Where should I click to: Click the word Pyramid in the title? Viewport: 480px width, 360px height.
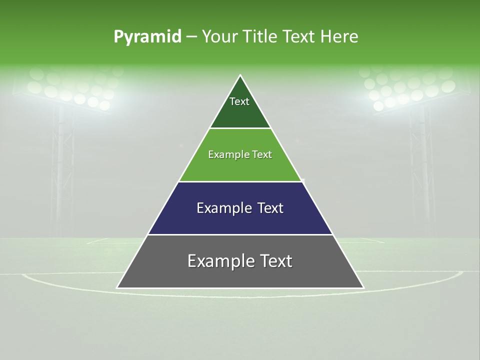click(x=147, y=37)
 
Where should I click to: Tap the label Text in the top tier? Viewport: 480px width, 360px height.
click(x=239, y=101)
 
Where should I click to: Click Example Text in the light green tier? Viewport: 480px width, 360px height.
click(x=240, y=154)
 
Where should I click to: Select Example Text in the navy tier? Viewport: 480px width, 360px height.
click(x=240, y=208)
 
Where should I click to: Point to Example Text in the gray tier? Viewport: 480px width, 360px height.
click(x=240, y=261)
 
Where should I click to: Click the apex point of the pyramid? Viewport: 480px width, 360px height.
click(x=240, y=75)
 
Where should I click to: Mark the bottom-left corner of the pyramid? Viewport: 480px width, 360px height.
click(x=117, y=287)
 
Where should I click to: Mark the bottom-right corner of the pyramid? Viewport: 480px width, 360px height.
click(x=363, y=287)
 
